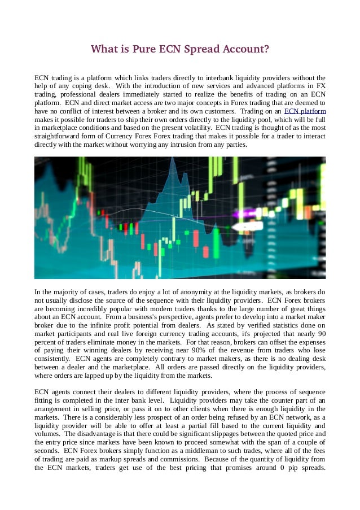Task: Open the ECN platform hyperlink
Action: tap(305, 112)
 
